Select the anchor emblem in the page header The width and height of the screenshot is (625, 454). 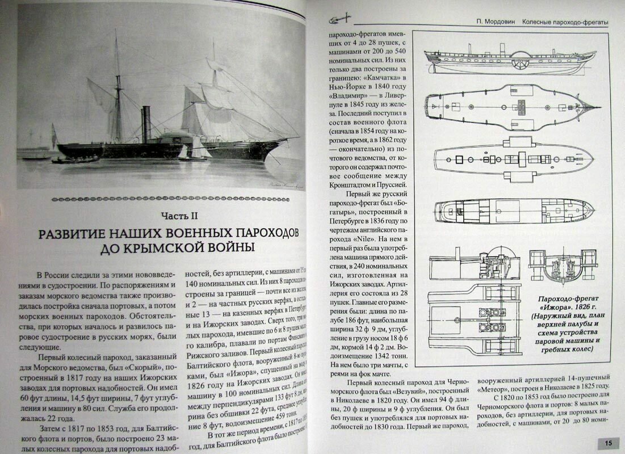339,21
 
